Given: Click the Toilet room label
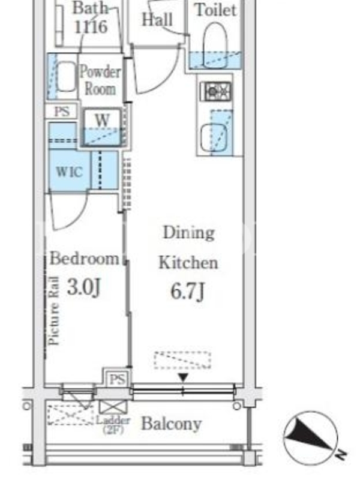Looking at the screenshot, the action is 216,10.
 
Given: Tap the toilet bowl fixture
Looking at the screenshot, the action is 215,46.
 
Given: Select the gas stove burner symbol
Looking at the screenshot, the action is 215,91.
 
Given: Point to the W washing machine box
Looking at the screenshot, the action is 103,127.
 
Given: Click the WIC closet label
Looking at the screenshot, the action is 69,172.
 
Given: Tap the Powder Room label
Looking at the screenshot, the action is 100,80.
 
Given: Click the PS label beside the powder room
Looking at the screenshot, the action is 62,112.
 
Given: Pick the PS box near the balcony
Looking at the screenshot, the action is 118,380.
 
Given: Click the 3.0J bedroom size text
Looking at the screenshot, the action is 83,287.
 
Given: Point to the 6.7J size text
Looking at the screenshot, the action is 187,291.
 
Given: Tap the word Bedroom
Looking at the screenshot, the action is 84,259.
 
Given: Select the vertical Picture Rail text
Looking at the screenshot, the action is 54,311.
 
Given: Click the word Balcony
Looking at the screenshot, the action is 172,424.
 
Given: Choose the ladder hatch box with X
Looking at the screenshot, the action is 113,407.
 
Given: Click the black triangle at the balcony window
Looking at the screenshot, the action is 183,378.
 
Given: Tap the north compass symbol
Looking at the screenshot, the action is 311,438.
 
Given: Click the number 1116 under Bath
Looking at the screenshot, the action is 91,26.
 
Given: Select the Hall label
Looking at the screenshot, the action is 157,19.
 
